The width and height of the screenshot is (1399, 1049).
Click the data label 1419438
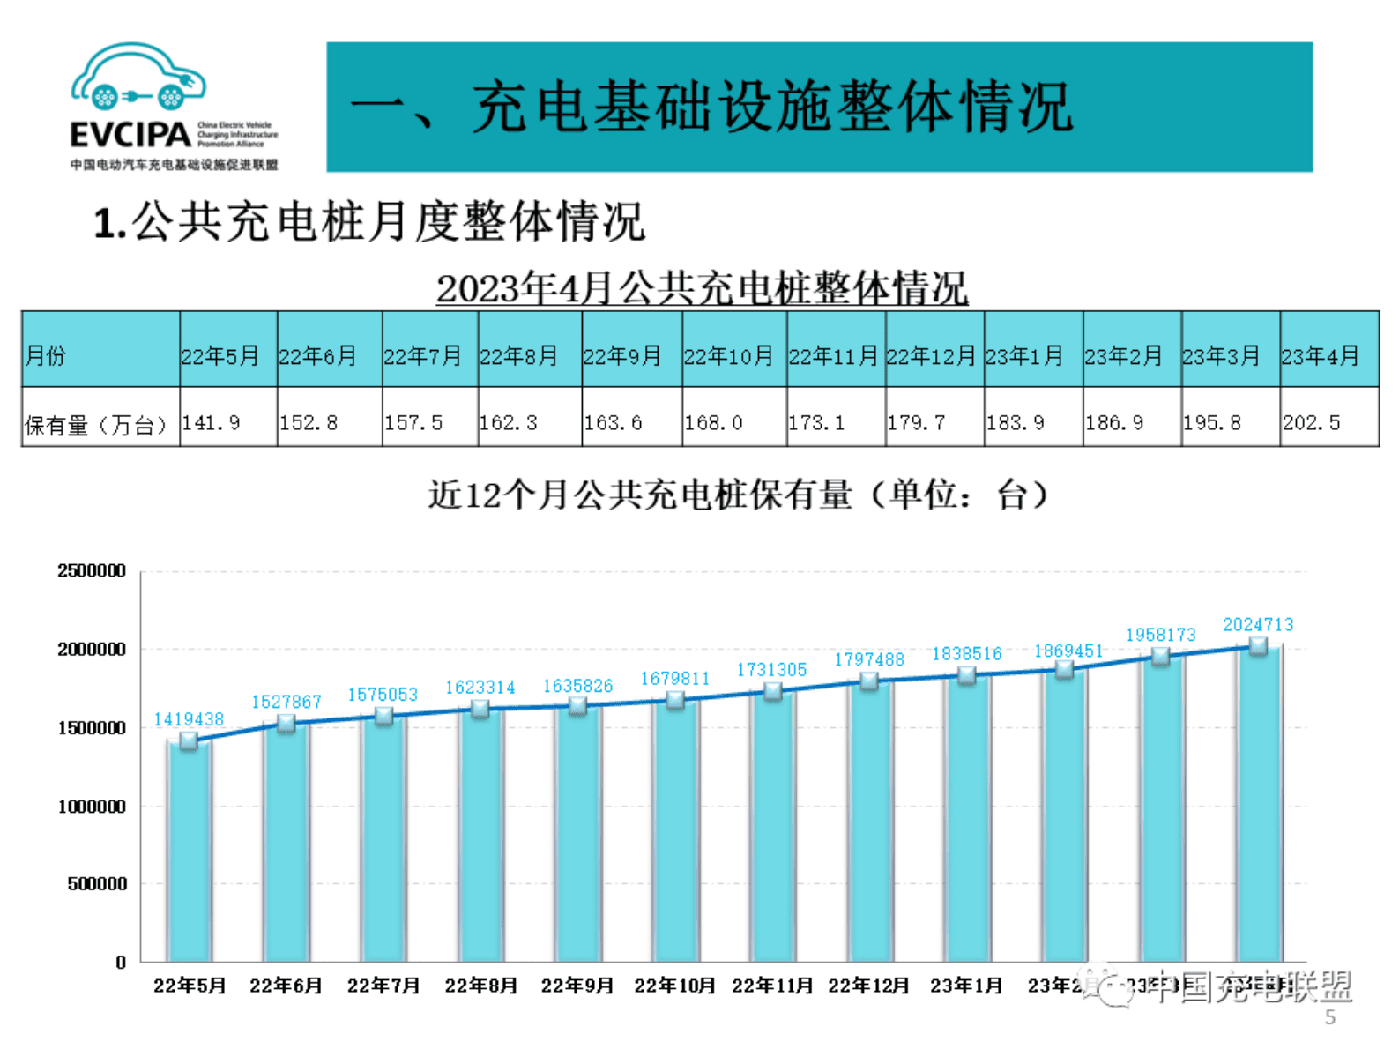click(189, 719)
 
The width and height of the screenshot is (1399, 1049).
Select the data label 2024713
click(1258, 624)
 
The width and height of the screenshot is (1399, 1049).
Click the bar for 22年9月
click(577, 837)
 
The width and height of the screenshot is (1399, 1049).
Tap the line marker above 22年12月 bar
click(869, 681)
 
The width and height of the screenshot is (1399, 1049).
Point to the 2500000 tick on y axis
click(92, 570)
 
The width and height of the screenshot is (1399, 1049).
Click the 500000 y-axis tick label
click(97, 884)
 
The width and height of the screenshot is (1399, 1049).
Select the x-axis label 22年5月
click(190, 986)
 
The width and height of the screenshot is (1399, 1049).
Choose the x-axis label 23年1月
click(966, 986)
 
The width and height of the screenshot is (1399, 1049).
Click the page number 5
click(1329, 1018)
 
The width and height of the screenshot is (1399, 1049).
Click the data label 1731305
click(771, 670)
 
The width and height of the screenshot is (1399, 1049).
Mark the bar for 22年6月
click(286, 846)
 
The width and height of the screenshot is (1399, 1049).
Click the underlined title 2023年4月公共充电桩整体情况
click(702, 288)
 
